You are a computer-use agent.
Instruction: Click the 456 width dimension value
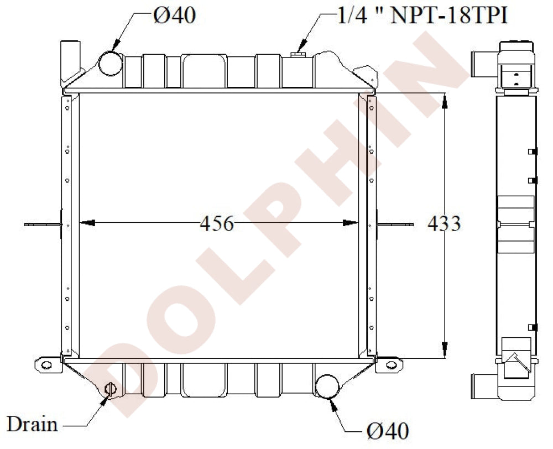coord(217,224)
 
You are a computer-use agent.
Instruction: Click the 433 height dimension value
coord(444,224)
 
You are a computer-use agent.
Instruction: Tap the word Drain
coord(32,424)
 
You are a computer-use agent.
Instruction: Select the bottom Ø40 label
coord(387,430)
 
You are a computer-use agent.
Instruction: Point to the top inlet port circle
coord(110,63)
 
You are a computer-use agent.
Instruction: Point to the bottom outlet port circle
coord(327,386)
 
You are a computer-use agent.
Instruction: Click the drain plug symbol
coord(109,389)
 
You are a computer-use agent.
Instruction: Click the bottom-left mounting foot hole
coord(46,365)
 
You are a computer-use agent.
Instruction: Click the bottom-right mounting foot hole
coord(391,364)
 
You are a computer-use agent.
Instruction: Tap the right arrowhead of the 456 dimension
coord(351,223)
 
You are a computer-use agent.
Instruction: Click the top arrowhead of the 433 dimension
coord(444,100)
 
